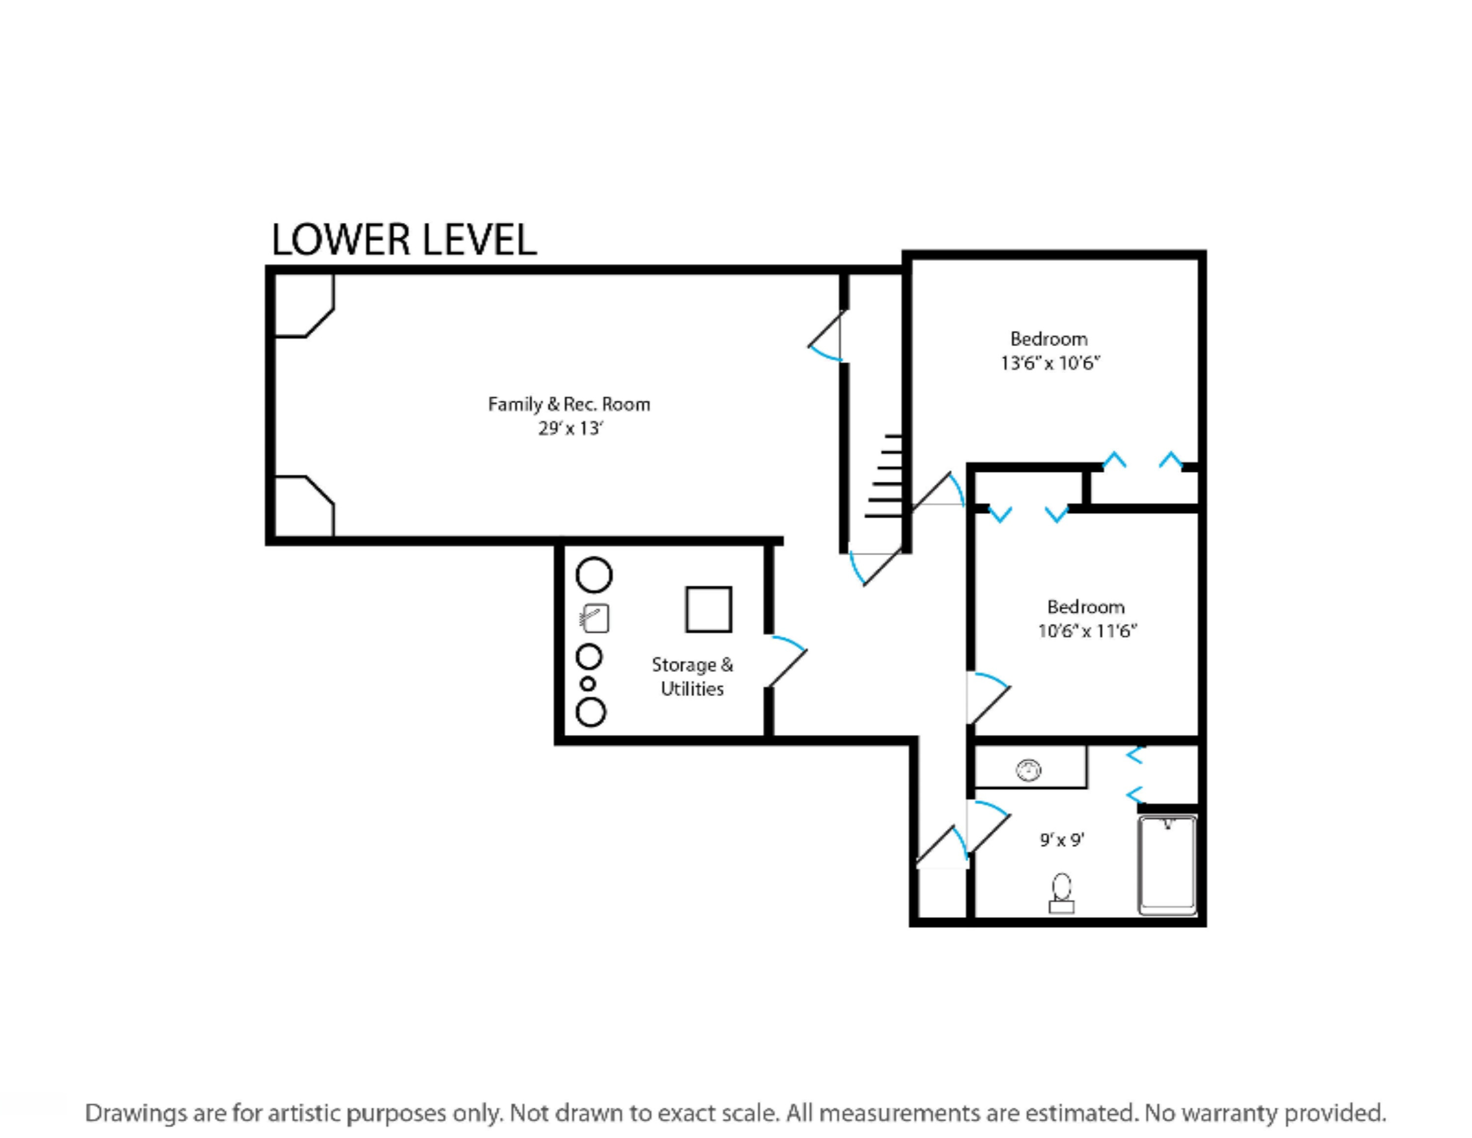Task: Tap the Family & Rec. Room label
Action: tap(569, 405)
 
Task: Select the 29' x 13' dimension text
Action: tap(570, 429)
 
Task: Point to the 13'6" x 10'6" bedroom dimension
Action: tap(1050, 363)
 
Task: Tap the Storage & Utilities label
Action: tap(692, 677)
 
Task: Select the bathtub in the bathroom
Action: tap(1168, 866)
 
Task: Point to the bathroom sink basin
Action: tap(1028, 769)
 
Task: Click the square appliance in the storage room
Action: tap(709, 609)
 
